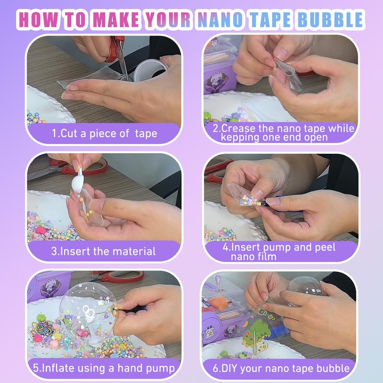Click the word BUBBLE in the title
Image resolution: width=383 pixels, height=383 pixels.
point(331,20)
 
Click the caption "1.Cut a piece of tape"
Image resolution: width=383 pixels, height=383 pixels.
point(104,133)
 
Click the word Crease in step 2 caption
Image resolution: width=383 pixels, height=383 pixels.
point(245,128)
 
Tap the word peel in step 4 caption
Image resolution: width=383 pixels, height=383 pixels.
point(324,247)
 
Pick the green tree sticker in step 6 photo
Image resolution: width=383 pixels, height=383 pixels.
point(258,335)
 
